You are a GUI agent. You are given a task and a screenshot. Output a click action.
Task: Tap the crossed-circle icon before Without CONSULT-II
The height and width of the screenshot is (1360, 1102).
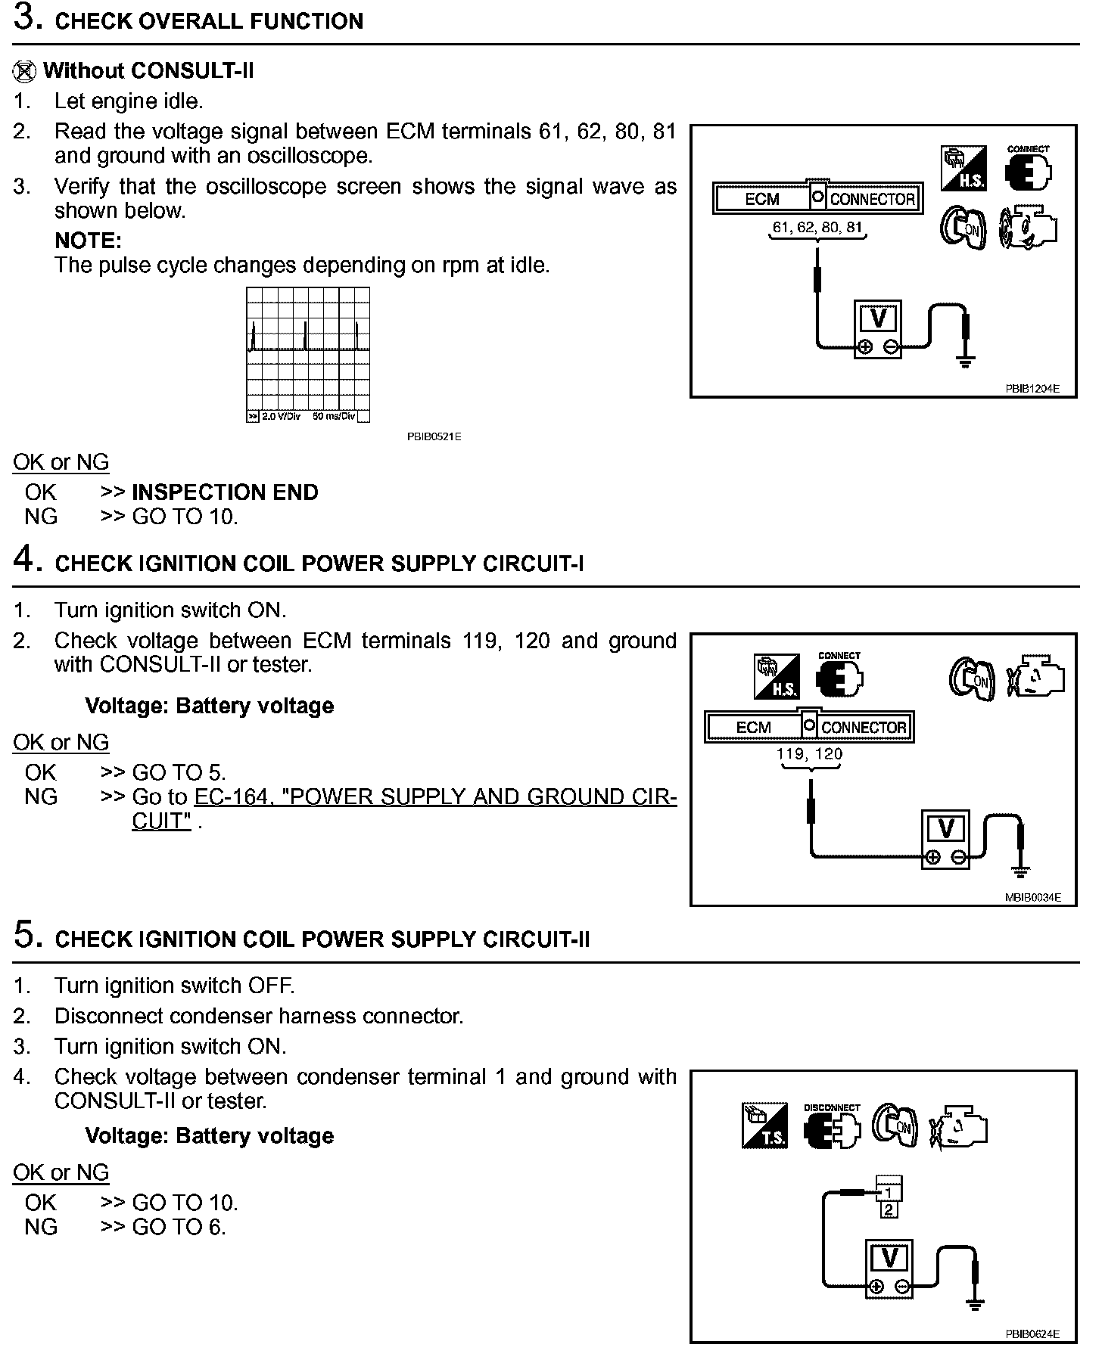click(24, 72)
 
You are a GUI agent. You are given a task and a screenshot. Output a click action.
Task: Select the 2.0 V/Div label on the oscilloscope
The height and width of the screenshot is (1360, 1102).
click(281, 417)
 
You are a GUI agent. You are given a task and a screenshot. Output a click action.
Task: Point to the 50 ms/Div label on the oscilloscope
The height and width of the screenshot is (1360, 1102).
click(333, 417)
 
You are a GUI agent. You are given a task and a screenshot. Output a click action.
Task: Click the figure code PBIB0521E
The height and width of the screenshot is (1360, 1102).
click(434, 437)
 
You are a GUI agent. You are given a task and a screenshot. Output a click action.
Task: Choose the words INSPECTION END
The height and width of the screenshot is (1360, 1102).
click(225, 492)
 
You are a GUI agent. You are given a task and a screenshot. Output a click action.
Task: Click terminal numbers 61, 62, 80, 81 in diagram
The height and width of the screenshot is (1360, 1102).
click(817, 227)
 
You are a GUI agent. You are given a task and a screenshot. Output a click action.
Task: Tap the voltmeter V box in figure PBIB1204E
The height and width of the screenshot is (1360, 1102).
click(878, 318)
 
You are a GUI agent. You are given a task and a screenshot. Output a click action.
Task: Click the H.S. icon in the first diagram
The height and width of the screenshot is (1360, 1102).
click(963, 169)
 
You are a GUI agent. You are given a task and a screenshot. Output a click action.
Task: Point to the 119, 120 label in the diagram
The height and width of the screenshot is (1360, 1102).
click(809, 754)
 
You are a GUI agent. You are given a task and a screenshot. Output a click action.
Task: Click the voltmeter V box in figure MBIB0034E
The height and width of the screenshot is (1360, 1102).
click(945, 829)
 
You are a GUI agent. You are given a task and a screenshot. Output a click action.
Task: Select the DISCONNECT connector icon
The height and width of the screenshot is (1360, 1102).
click(832, 1128)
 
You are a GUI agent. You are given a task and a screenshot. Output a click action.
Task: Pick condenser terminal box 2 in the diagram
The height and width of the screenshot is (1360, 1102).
click(889, 1210)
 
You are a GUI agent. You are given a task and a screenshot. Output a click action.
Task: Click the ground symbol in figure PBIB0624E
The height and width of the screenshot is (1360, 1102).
click(975, 1303)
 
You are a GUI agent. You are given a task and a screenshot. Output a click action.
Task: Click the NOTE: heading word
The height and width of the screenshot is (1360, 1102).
click(88, 241)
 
